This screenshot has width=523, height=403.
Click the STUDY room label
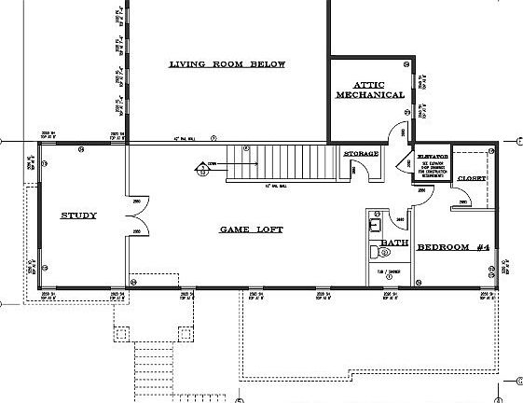(78, 215)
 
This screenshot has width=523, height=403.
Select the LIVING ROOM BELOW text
(227, 64)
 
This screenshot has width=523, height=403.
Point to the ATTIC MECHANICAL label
(370, 90)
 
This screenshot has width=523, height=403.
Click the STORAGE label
(361, 153)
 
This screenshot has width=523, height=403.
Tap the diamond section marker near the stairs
(202, 169)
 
